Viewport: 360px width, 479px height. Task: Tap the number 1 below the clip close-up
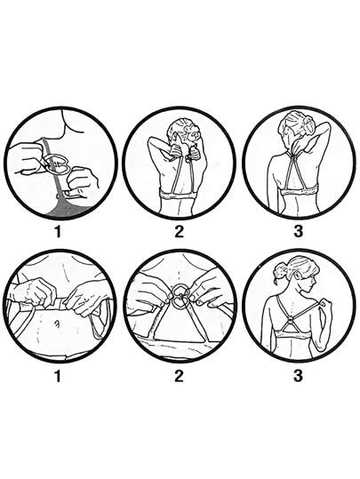(x=58, y=231)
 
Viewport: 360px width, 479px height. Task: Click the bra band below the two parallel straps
(x=179, y=195)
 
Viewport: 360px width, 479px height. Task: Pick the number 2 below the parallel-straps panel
(x=179, y=231)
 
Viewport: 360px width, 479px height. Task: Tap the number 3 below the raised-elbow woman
(x=298, y=231)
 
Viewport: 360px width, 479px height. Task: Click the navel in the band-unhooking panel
(x=57, y=323)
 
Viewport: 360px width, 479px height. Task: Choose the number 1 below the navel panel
(x=58, y=376)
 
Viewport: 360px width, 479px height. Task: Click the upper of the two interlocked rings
(x=179, y=291)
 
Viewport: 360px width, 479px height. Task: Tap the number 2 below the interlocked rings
(x=179, y=376)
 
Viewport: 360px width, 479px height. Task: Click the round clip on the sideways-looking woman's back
(x=291, y=322)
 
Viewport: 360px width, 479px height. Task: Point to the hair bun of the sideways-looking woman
(x=280, y=271)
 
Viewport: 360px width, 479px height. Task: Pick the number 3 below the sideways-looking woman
(x=298, y=376)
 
